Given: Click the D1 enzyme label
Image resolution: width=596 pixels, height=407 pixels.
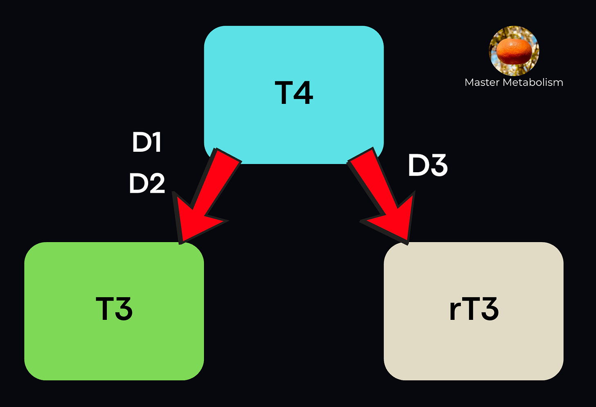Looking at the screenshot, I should (147, 142).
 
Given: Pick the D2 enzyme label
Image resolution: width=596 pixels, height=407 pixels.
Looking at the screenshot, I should (147, 183).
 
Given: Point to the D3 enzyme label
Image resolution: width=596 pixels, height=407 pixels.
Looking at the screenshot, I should (428, 166).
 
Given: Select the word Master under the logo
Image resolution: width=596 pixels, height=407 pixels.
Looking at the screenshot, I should (482, 82).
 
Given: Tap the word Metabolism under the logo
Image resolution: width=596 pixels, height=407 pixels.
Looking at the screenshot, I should (533, 82).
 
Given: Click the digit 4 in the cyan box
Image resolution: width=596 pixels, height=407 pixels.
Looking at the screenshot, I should (303, 93).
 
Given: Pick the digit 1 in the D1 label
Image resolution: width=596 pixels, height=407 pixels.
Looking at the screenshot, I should (156, 142).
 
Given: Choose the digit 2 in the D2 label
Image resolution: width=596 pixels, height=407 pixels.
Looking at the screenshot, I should (156, 183).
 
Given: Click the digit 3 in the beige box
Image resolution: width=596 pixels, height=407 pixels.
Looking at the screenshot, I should (489, 309).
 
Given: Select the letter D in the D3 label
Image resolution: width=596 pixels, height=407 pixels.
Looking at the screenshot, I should (418, 166).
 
